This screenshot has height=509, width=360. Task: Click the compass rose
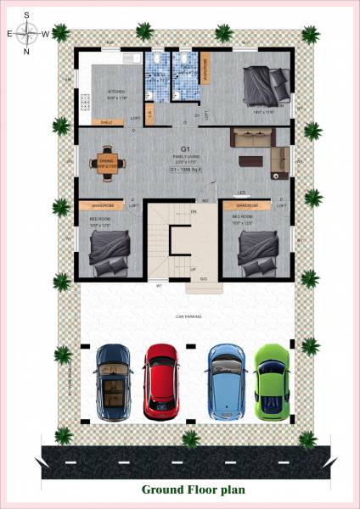27,33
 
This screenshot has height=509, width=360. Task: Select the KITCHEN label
116,92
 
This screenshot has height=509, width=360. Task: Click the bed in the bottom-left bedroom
110,252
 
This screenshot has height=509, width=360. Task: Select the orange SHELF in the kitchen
106,122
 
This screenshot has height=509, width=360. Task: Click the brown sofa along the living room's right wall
278,156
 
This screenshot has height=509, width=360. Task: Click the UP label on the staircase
193,269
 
